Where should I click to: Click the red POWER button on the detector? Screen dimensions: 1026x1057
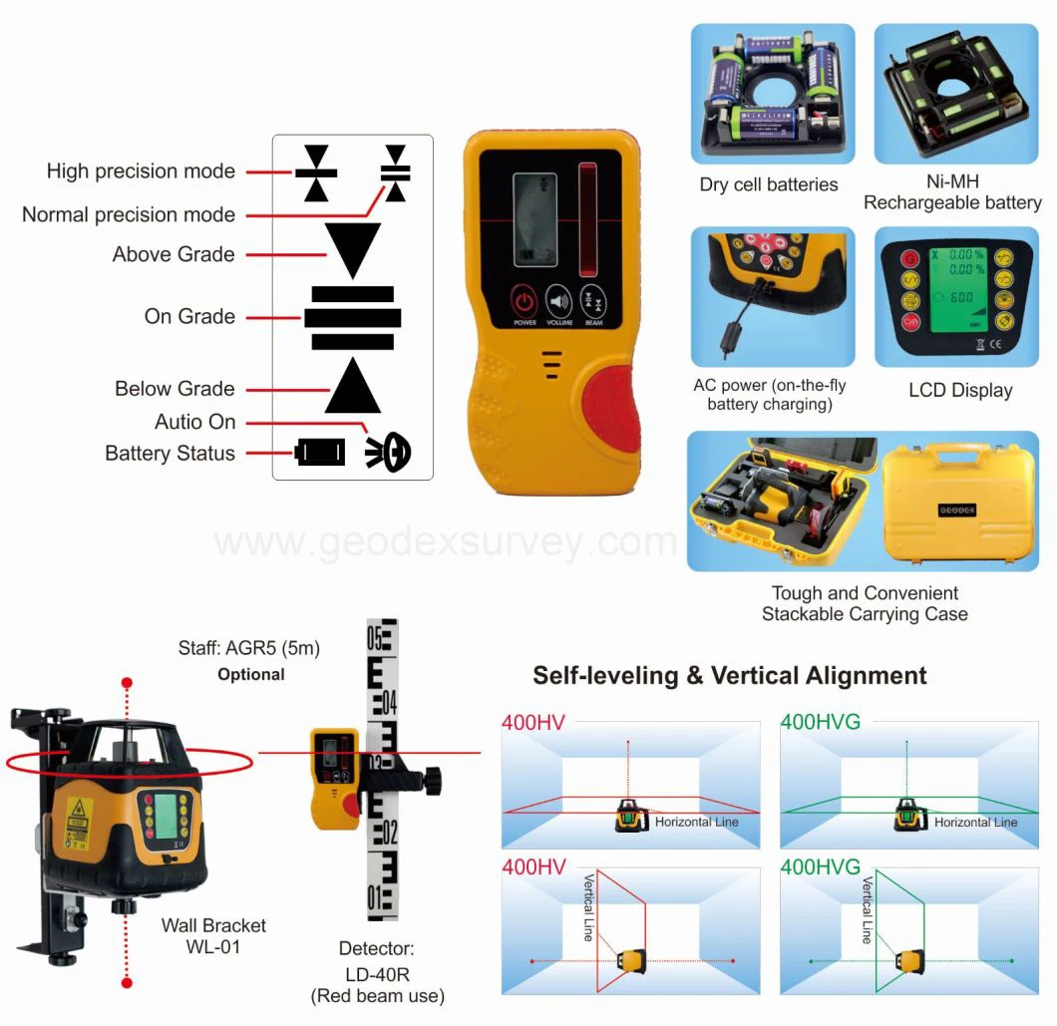click(525, 301)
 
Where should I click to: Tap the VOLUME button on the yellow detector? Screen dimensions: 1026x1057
click(558, 301)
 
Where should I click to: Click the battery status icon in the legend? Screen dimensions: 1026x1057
click(320, 453)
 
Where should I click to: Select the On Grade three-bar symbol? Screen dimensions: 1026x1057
click(352, 317)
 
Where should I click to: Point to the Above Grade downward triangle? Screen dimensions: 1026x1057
click(352, 249)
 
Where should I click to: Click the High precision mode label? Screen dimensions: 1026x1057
click(141, 171)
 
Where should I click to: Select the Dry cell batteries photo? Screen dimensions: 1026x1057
click(773, 94)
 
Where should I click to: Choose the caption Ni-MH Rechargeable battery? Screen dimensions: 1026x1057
click(952, 192)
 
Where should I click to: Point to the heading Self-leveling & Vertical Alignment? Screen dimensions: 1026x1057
click(729, 675)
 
